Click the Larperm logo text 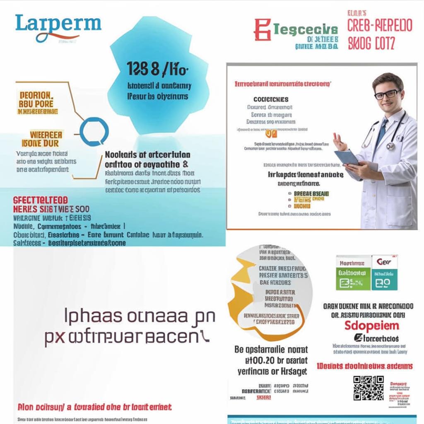(58, 24)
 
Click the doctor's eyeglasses (387, 94)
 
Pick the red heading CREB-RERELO (380, 26)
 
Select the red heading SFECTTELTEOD (41, 200)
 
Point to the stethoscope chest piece (390, 146)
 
